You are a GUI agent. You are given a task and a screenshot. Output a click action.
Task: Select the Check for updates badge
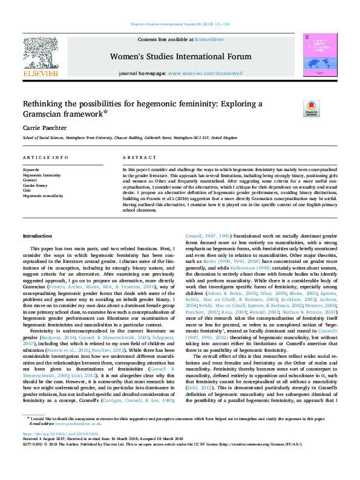pos(311,109)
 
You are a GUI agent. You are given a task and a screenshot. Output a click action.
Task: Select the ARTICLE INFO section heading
pos(45,157)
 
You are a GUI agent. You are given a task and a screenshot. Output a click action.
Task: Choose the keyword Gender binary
pos(36,186)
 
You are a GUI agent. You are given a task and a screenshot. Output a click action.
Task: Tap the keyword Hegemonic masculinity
pos(44,196)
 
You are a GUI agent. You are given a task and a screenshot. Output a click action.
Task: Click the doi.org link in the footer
pos(61,451)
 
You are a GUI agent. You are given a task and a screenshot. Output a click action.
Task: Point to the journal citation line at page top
pos(180,24)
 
